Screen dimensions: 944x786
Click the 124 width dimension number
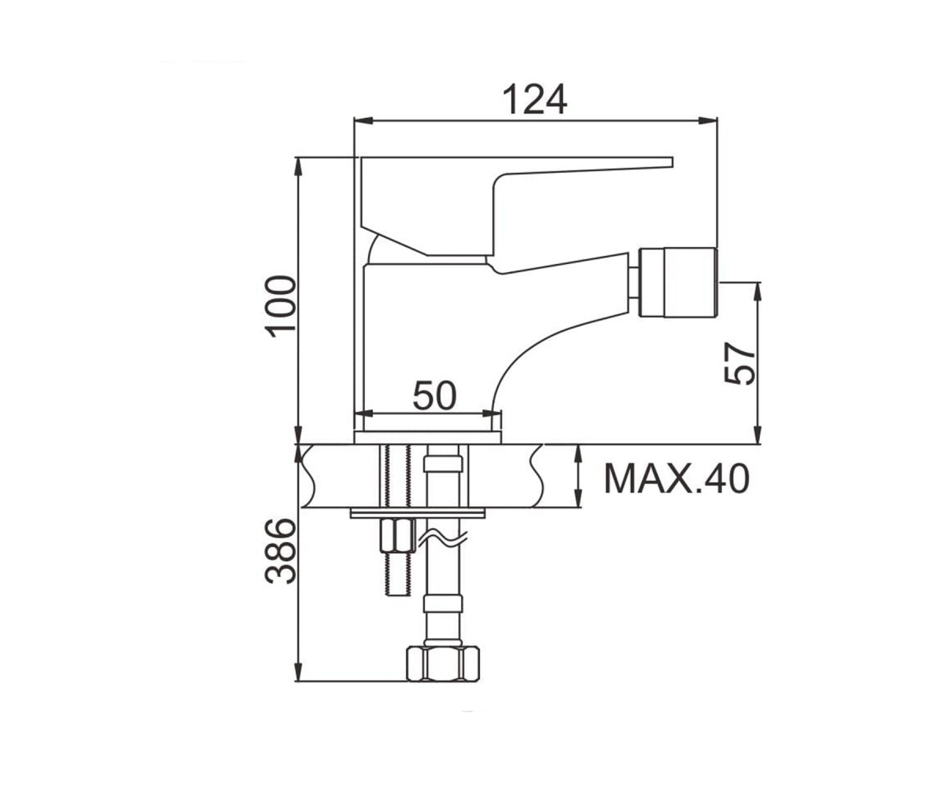(x=535, y=99)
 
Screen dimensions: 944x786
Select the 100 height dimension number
(x=281, y=307)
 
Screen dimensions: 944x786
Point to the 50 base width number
(x=435, y=395)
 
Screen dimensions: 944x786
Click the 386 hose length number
(x=281, y=551)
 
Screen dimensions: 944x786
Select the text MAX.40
(x=677, y=479)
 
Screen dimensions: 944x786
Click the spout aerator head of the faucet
(x=678, y=282)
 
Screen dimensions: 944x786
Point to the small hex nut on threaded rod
(x=398, y=536)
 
